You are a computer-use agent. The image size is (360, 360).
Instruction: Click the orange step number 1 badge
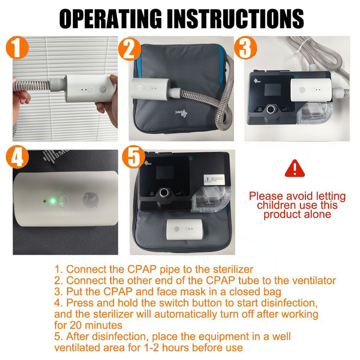(x=17, y=48)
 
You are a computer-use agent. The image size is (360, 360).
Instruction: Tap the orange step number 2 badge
(x=130, y=49)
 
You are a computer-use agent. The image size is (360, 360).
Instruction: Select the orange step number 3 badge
(x=245, y=48)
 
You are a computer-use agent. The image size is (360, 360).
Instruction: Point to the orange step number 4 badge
(x=17, y=157)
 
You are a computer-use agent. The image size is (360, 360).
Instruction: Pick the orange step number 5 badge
(x=133, y=157)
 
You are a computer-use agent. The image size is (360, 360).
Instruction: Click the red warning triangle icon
(x=295, y=168)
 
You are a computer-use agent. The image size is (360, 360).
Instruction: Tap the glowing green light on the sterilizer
(x=53, y=201)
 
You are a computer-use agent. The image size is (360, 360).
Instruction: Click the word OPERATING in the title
(x=110, y=19)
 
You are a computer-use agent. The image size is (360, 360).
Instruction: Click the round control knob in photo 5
(x=164, y=193)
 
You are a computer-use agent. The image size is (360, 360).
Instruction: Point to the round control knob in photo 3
(x=271, y=109)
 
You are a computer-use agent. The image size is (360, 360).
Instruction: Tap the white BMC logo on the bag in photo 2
(x=181, y=113)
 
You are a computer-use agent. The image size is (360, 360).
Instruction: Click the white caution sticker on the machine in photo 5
(x=214, y=180)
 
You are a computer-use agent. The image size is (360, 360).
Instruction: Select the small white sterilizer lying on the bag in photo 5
(x=185, y=229)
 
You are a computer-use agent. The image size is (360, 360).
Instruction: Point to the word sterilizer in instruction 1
(x=233, y=269)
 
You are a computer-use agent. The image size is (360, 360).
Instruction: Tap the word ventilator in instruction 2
(x=311, y=280)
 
